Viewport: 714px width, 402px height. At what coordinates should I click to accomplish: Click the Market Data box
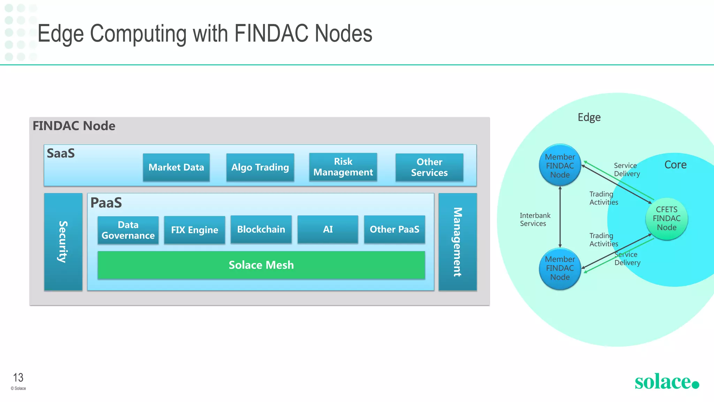point(176,167)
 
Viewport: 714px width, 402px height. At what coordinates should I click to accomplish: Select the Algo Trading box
point(260,167)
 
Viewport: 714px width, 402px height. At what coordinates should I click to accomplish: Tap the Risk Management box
point(343,167)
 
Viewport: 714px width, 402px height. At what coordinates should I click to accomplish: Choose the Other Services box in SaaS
point(429,167)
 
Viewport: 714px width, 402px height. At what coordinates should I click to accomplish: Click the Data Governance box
point(128,230)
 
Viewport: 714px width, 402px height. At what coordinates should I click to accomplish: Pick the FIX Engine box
point(195,230)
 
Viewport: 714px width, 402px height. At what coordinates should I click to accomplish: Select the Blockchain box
point(261,229)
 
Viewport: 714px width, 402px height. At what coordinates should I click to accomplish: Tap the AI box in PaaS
point(328,229)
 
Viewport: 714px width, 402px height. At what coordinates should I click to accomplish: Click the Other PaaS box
point(394,229)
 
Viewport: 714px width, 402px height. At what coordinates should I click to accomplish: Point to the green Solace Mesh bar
point(261,265)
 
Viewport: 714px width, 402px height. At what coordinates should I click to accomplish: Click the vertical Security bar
point(63,241)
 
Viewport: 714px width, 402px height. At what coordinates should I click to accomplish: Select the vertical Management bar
point(457,241)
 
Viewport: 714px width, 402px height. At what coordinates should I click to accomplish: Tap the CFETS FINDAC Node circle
point(667,218)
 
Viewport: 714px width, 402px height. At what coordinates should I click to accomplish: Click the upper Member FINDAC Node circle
point(560,166)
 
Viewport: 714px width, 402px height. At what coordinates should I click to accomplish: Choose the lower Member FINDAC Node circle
point(560,268)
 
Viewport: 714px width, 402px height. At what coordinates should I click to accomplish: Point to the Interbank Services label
point(535,219)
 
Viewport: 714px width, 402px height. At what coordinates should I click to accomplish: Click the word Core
point(675,165)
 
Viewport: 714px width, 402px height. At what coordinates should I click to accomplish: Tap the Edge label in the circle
point(589,117)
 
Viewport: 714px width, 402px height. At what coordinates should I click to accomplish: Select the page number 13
point(18,378)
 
